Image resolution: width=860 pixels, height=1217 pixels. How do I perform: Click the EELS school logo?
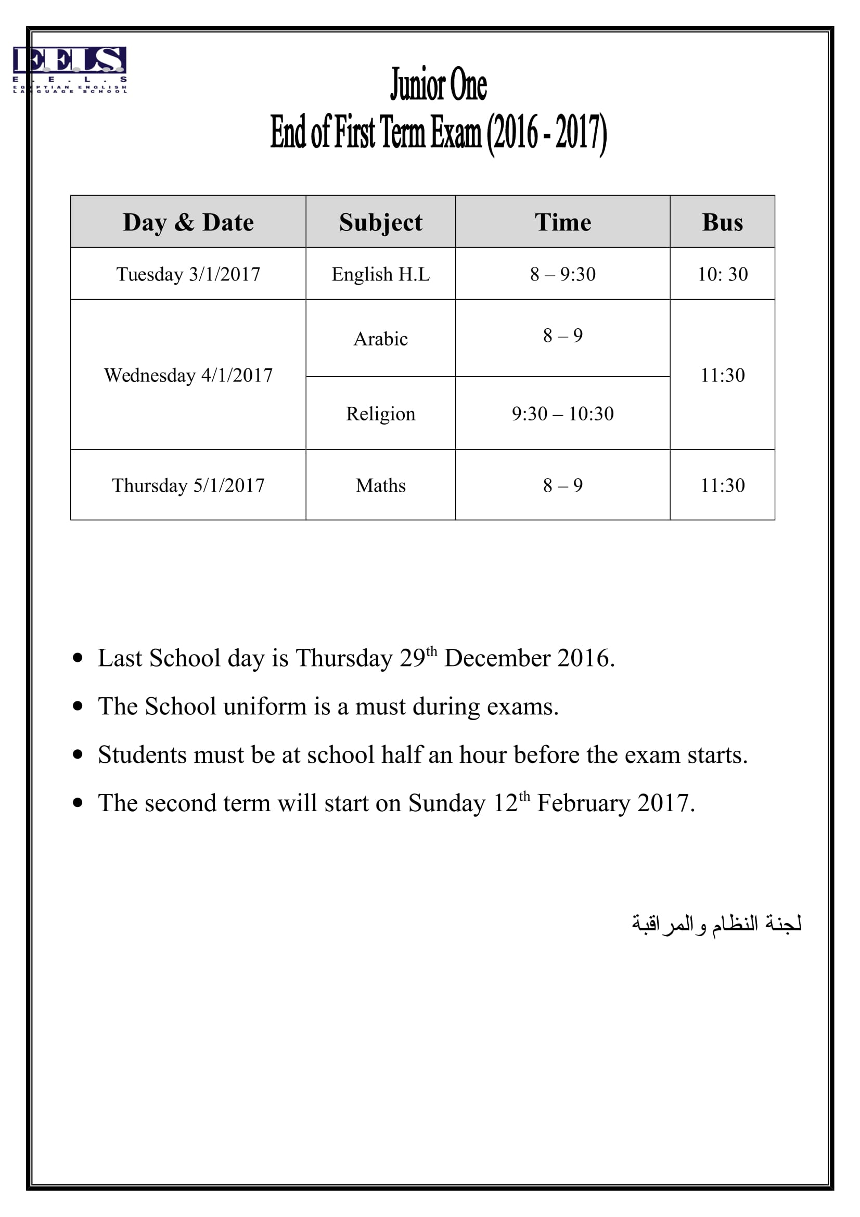69,69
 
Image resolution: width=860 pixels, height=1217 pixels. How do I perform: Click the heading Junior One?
438,85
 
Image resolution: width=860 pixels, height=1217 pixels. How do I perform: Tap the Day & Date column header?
188,222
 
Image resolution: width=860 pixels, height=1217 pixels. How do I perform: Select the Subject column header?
380,222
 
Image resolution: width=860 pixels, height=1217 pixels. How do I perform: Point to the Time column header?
562,222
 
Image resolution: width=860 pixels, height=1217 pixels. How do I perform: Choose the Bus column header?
722,222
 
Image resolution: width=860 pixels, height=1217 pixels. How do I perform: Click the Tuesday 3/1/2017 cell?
188,274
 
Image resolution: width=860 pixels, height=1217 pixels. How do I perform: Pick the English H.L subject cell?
380,274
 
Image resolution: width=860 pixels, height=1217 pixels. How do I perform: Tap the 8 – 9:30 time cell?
562,274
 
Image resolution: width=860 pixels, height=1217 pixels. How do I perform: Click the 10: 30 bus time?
722,274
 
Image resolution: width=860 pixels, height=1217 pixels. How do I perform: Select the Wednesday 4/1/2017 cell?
188,375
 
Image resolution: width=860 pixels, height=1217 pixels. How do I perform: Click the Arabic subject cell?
380,339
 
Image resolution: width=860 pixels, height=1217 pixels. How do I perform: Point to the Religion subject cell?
380,414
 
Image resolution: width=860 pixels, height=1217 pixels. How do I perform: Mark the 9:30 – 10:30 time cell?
562,414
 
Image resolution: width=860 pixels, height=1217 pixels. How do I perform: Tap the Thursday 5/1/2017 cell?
188,485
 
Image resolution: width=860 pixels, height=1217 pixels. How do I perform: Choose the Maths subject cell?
380,485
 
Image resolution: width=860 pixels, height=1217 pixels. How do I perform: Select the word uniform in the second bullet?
265,707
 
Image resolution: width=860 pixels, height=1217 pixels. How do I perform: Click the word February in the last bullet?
583,803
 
